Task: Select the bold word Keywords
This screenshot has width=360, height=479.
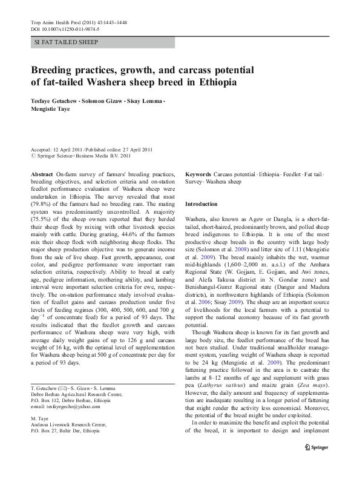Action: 198,173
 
